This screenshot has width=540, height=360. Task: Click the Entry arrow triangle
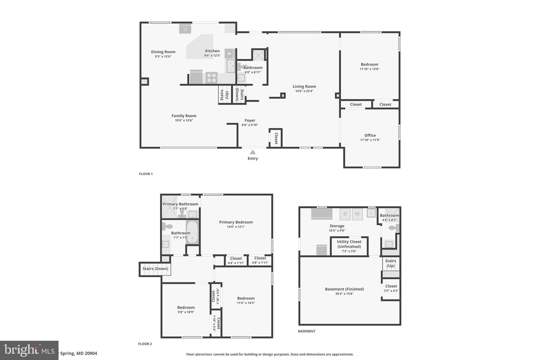click(x=253, y=152)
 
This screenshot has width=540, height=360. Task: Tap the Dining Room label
click(x=163, y=52)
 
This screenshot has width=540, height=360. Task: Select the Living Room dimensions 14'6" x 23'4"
click(x=304, y=91)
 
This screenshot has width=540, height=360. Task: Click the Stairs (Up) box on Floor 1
click(x=225, y=95)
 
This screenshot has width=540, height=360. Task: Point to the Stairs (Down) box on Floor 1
click(x=239, y=95)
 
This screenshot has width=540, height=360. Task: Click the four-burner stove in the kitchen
click(x=211, y=78)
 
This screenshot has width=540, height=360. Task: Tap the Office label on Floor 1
click(x=370, y=135)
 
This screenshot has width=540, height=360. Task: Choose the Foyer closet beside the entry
click(x=276, y=138)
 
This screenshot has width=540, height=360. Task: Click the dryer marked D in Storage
click(x=345, y=214)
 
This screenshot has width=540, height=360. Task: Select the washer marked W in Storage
click(x=357, y=214)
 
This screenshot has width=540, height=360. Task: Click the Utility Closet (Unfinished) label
click(x=349, y=244)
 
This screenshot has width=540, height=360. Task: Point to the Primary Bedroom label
click(x=236, y=222)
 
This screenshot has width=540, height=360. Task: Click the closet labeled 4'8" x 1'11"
click(x=260, y=260)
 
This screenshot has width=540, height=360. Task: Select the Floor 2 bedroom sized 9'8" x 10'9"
click(x=186, y=310)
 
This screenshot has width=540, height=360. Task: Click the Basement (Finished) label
click(x=344, y=289)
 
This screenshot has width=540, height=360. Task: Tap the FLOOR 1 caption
click(x=146, y=174)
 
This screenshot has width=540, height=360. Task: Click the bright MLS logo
click(x=29, y=350)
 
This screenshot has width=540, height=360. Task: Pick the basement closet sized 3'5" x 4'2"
click(x=391, y=288)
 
